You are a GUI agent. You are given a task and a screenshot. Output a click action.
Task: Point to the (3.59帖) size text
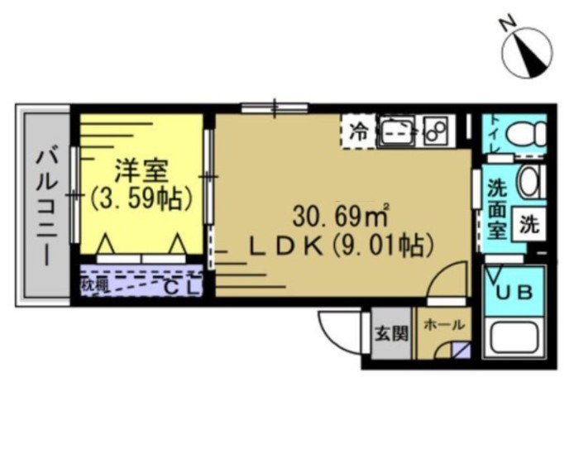(141, 198)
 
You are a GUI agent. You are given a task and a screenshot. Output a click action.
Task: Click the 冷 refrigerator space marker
(358, 131)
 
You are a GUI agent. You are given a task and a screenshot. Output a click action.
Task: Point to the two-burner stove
(434, 131)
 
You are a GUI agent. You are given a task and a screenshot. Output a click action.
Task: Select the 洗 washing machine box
(528, 223)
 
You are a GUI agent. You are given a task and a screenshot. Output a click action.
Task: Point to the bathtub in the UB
(514, 339)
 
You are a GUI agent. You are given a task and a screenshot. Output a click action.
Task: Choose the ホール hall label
(443, 326)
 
